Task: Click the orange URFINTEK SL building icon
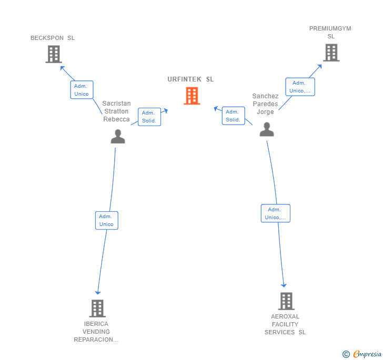coord(192,96)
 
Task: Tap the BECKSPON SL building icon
coord(54,54)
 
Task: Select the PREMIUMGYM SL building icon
coord(331,53)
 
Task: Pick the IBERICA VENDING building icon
coord(97,308)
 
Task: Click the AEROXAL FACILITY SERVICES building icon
coord(286,301)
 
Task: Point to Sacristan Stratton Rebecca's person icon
coord(118,137)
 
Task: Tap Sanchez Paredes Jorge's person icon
coord(267,129)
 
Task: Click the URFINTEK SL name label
coord(190,79)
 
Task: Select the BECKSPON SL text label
coord(53,38)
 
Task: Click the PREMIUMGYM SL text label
coord(330,33)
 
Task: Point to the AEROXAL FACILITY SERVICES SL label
coord(285,324)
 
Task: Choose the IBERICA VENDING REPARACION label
coord(96,332)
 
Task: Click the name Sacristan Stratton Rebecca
coord(116,111)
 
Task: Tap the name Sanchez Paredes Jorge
coord(265,104)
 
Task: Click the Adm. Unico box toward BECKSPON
coord(82,90)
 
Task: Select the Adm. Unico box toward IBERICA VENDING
coord(107,220)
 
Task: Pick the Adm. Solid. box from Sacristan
coord(149,117)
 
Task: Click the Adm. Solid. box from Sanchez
coord(234,116)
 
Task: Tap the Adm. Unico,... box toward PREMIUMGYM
coord(300,87)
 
